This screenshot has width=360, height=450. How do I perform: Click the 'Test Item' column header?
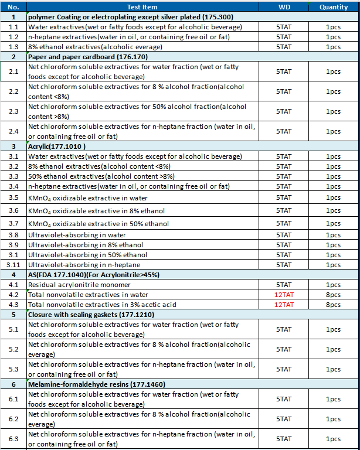click(x=142, y=7)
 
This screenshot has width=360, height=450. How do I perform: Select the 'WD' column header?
click(x=283, y=7)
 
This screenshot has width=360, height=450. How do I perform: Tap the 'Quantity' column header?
click(x=333, y=7)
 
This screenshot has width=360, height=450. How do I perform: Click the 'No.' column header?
click(x=13, y=7)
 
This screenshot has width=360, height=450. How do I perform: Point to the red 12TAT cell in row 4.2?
click(x=284, y=295)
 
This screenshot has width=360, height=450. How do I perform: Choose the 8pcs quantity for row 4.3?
click(x=333, y=305)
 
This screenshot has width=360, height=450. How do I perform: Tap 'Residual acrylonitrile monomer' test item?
click(x=80, y=285)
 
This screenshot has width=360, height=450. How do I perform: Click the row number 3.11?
click(x=13, y=265)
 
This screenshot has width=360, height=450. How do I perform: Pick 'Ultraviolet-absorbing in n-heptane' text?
click(x=84, y=265)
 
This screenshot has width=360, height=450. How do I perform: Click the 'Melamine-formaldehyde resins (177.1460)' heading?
click(x=97, y=384)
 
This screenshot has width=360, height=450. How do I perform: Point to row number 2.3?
click(x=13, y=111)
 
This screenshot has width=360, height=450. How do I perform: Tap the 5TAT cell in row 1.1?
click(x=284, y=27)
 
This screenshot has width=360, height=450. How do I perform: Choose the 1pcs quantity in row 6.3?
click(x=333, y=439)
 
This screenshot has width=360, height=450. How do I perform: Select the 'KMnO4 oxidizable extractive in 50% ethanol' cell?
click(x=99, y=224)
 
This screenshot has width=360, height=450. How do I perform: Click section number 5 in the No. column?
click(x=13, y=315)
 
